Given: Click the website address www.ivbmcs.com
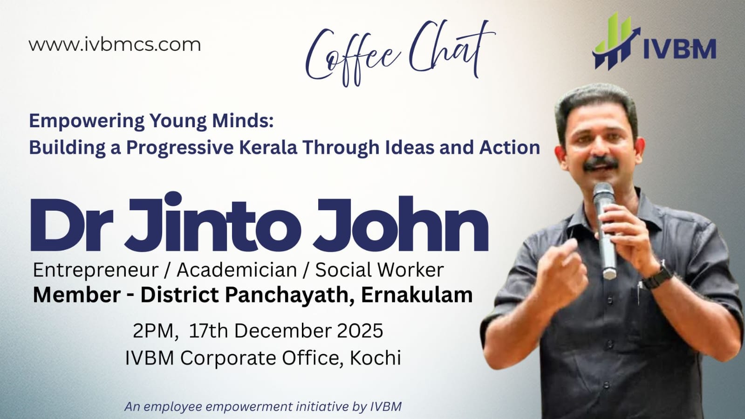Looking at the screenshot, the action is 115,45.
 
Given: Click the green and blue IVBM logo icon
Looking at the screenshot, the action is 615,41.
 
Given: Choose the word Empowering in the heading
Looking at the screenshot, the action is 87,121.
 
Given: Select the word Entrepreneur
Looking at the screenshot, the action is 95,270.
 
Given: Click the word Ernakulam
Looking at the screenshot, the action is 417,295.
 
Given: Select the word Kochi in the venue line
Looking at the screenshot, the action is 375,358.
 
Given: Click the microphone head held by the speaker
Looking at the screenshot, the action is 602,194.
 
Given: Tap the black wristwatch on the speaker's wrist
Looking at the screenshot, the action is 657,277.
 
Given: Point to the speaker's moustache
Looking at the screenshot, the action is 601,163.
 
